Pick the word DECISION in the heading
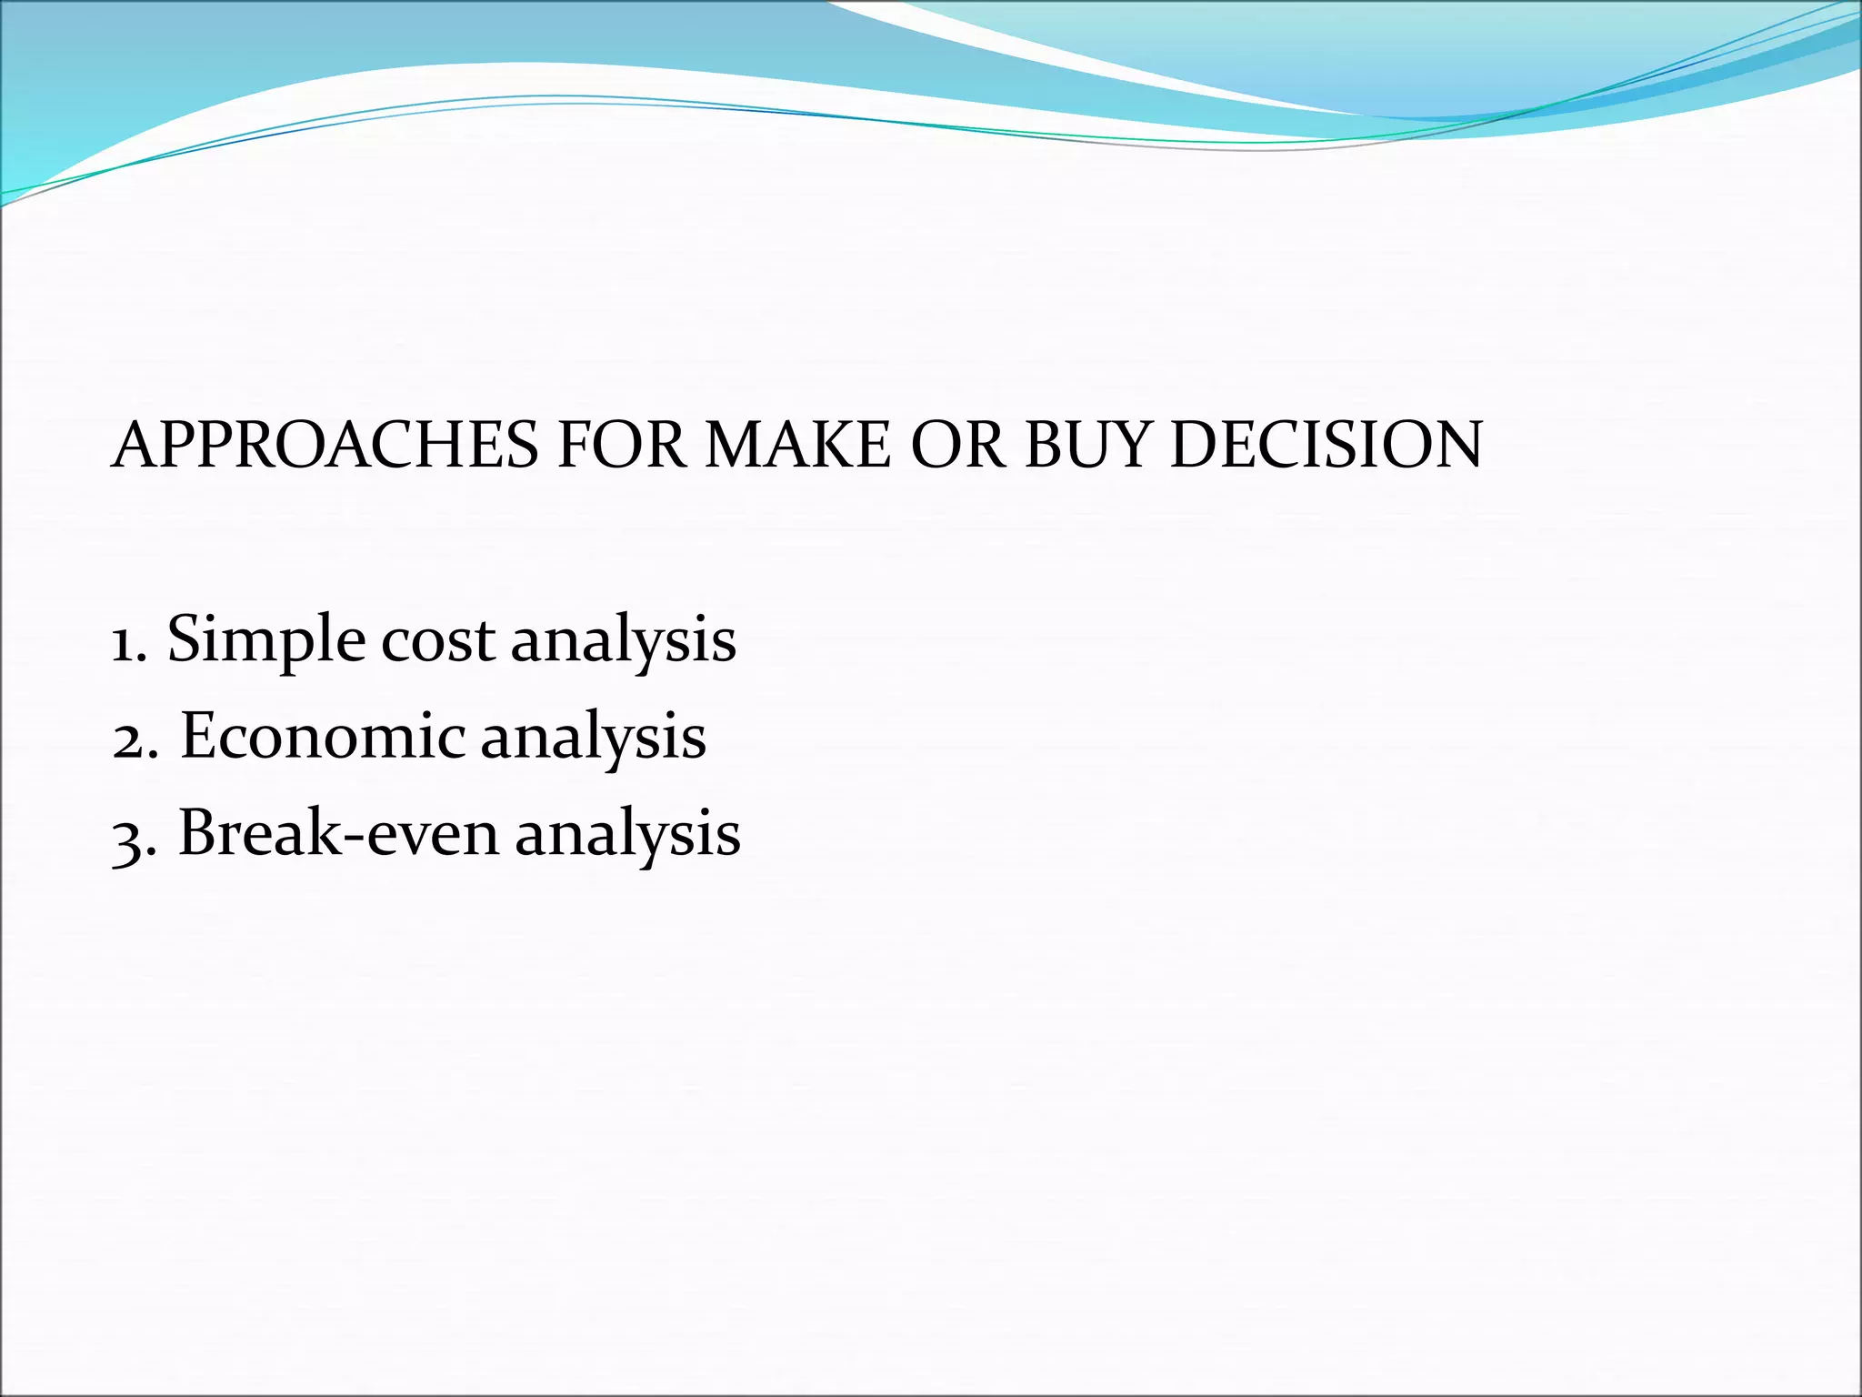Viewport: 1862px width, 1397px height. click(x=1326, y=446)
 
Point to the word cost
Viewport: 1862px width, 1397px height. click(x=439, y=640)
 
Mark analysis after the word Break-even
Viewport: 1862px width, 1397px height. click(x=627, y=835)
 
